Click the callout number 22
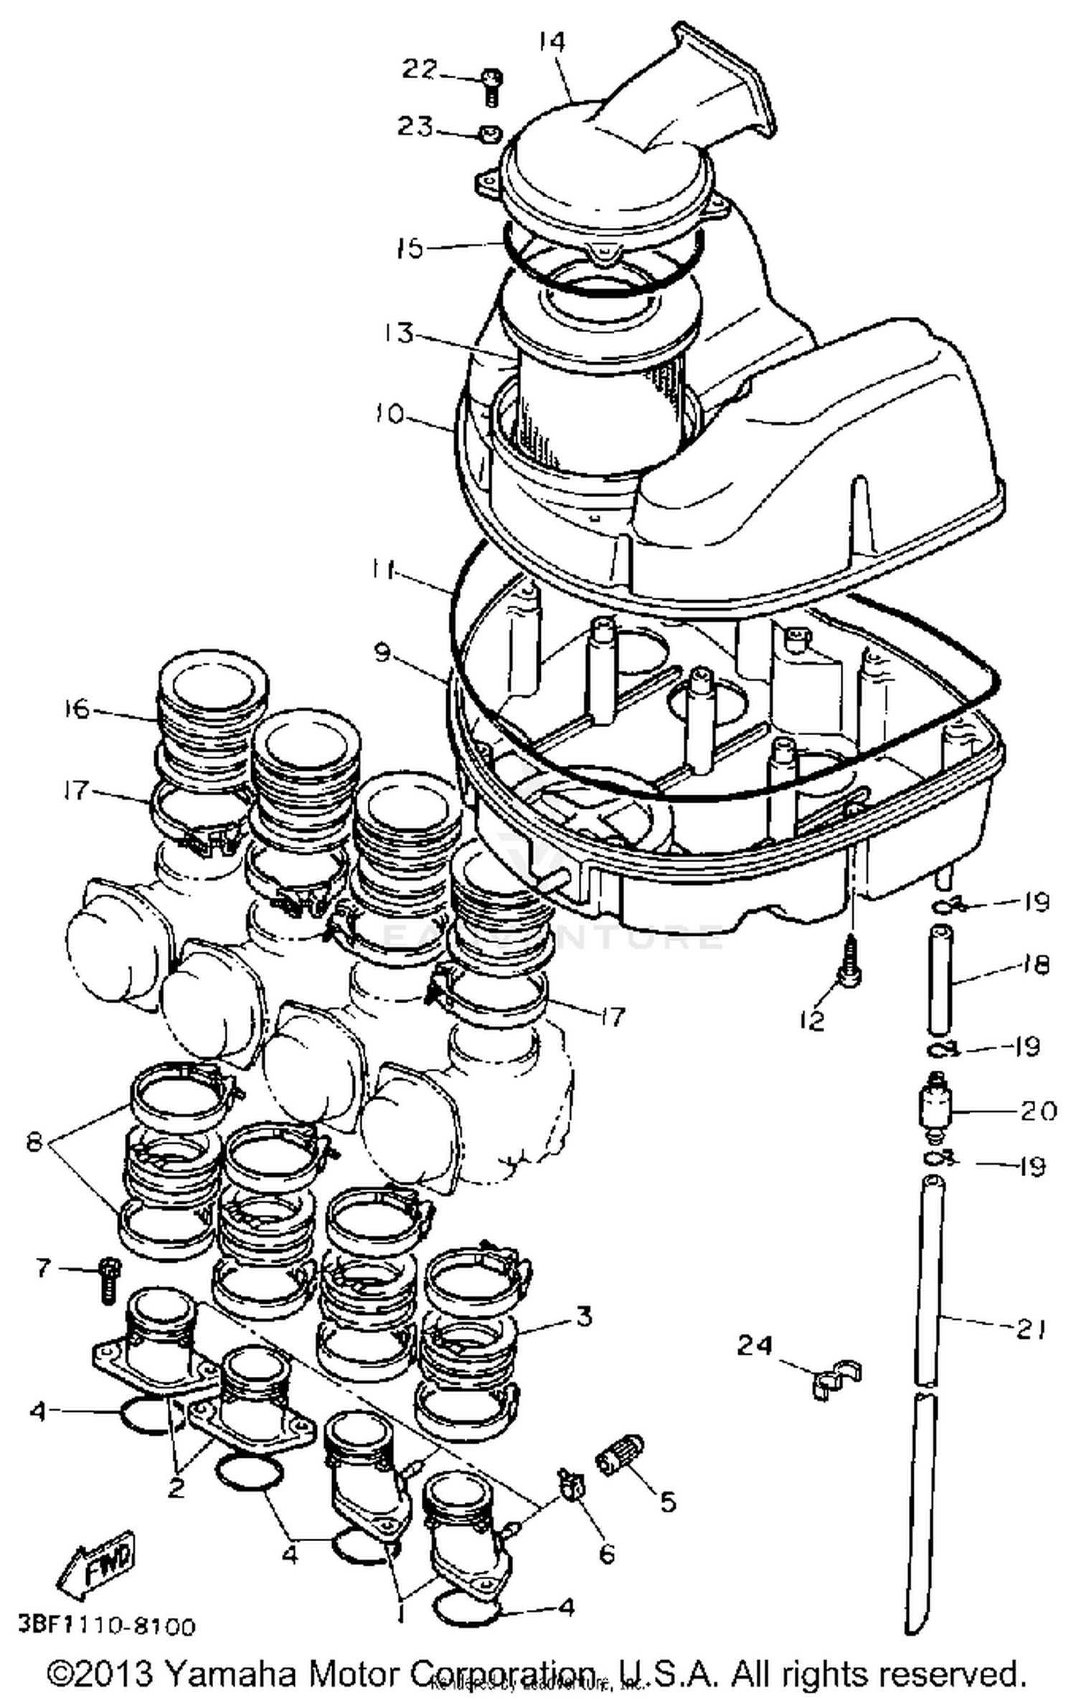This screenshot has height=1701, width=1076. pyautogui.click(x=419, y=70)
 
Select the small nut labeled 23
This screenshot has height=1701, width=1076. pyautogui.click(x=490, y=133)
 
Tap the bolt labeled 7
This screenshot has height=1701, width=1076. pyautogui.click(x=109, y=1279)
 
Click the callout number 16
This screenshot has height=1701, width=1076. pyautogui.click(x=77, y=709)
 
